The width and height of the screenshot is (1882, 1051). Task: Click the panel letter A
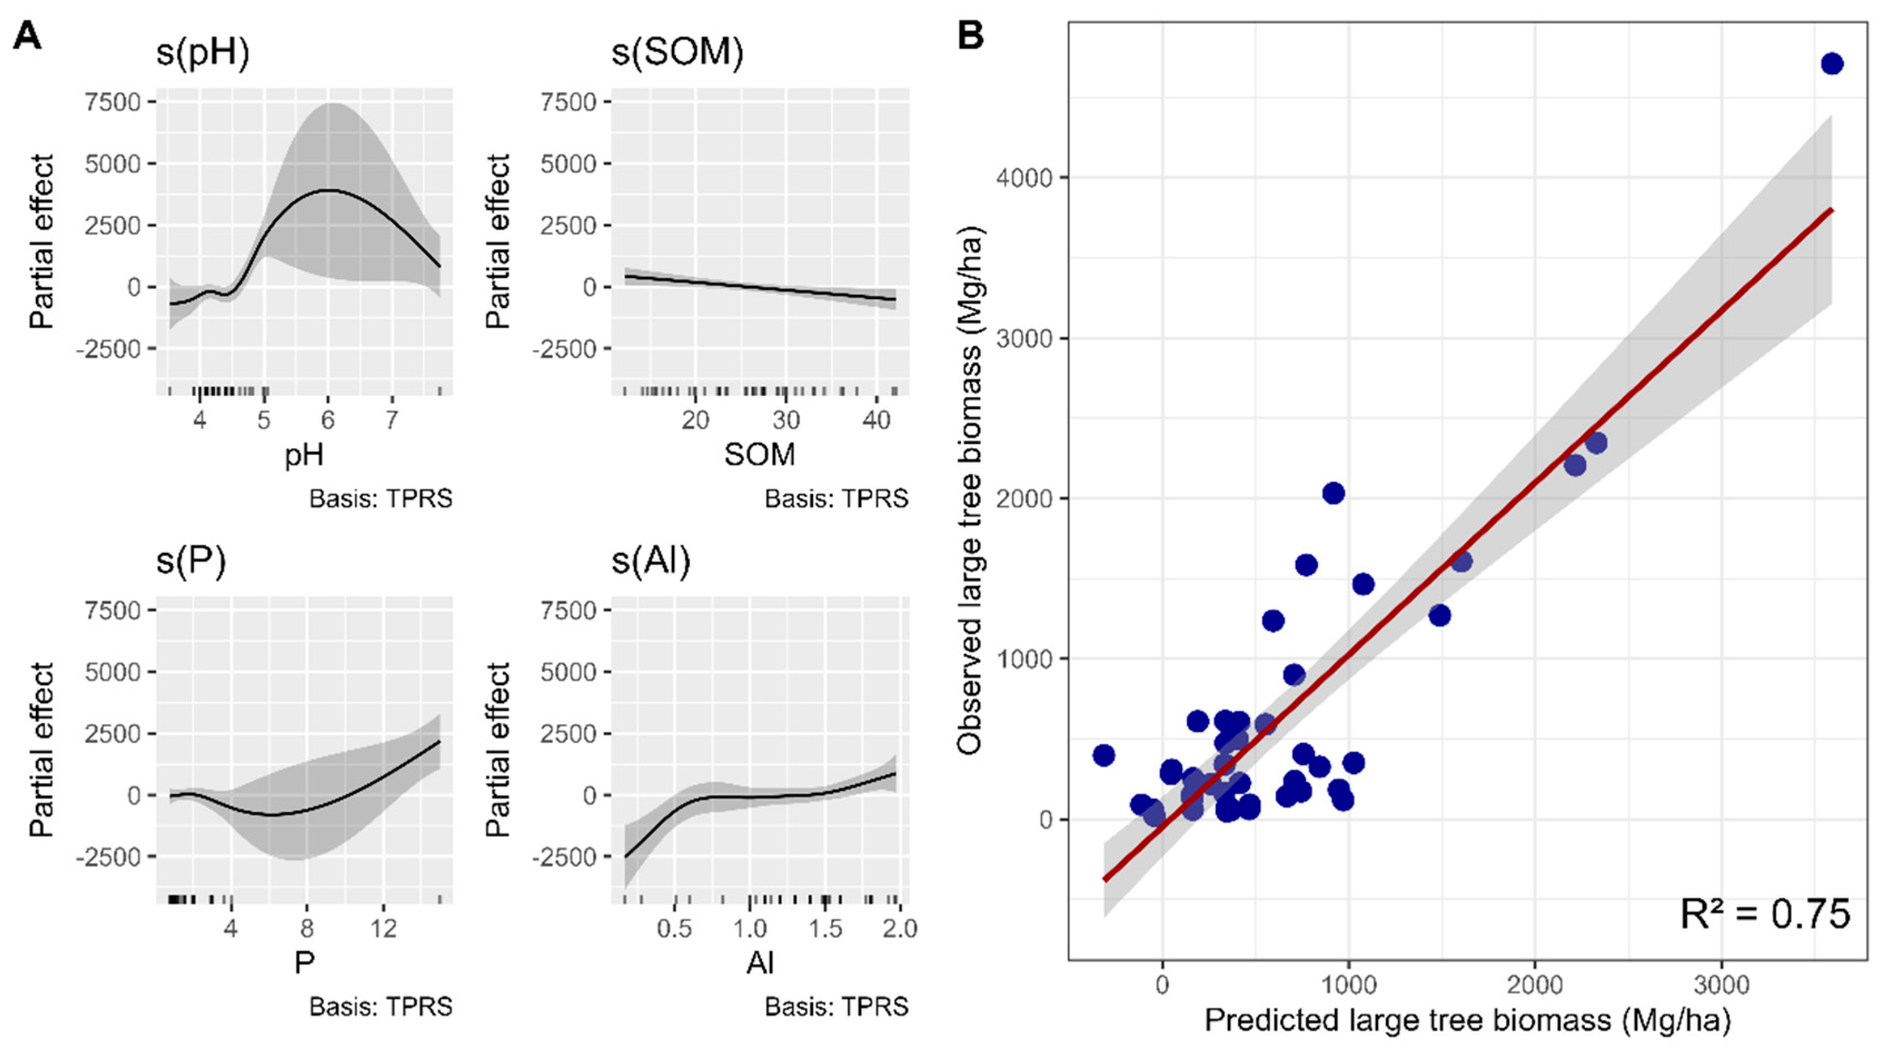(27, 35)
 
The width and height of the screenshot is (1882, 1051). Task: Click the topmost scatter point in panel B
(1831, 65)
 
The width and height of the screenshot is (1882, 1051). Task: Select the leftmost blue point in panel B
(1103, 755)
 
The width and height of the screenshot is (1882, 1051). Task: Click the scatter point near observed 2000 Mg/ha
(1333, 493)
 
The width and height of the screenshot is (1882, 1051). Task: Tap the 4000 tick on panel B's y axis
(1032, 177)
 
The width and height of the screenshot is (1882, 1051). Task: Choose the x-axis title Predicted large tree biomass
(1467, 1020)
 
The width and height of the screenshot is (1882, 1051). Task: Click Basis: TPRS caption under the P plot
(380, 1007)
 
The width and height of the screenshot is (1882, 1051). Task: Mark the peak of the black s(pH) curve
(328, 190)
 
